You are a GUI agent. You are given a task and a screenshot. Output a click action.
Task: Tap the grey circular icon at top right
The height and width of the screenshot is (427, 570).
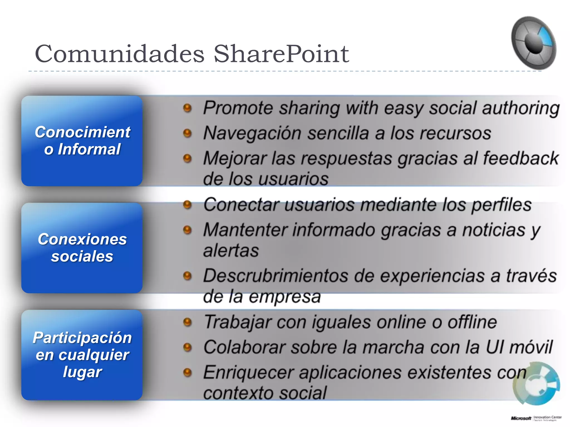[x=534, y=43]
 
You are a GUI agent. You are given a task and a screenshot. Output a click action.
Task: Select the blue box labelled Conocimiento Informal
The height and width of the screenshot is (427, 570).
[x=82, y=141]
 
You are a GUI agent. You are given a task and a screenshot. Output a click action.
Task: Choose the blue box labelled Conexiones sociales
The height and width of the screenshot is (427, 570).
[x=82, y=248]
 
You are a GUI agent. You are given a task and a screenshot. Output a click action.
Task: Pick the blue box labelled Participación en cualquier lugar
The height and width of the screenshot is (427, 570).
[x=82, y=355]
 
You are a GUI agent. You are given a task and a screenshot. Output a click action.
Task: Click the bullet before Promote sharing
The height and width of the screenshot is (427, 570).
[x=188, y=108]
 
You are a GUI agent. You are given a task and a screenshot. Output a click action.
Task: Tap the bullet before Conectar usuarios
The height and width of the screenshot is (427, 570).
[x=188, y=205]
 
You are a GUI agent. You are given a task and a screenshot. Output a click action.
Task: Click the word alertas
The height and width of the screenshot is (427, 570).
[x=231, y=250]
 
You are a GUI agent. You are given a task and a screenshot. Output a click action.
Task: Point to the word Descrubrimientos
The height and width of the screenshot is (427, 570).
[x=276, y=276]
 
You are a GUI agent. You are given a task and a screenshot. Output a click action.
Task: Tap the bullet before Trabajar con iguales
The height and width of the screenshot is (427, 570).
[x=188, y=322]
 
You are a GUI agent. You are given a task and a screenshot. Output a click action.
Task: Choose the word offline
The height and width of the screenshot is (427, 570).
[x=472, y=322]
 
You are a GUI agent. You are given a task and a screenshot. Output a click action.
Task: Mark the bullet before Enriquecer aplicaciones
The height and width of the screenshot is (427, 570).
[x=188, y=373]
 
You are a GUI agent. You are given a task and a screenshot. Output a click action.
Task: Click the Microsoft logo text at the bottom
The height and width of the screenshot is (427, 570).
[x=521, y=418]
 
